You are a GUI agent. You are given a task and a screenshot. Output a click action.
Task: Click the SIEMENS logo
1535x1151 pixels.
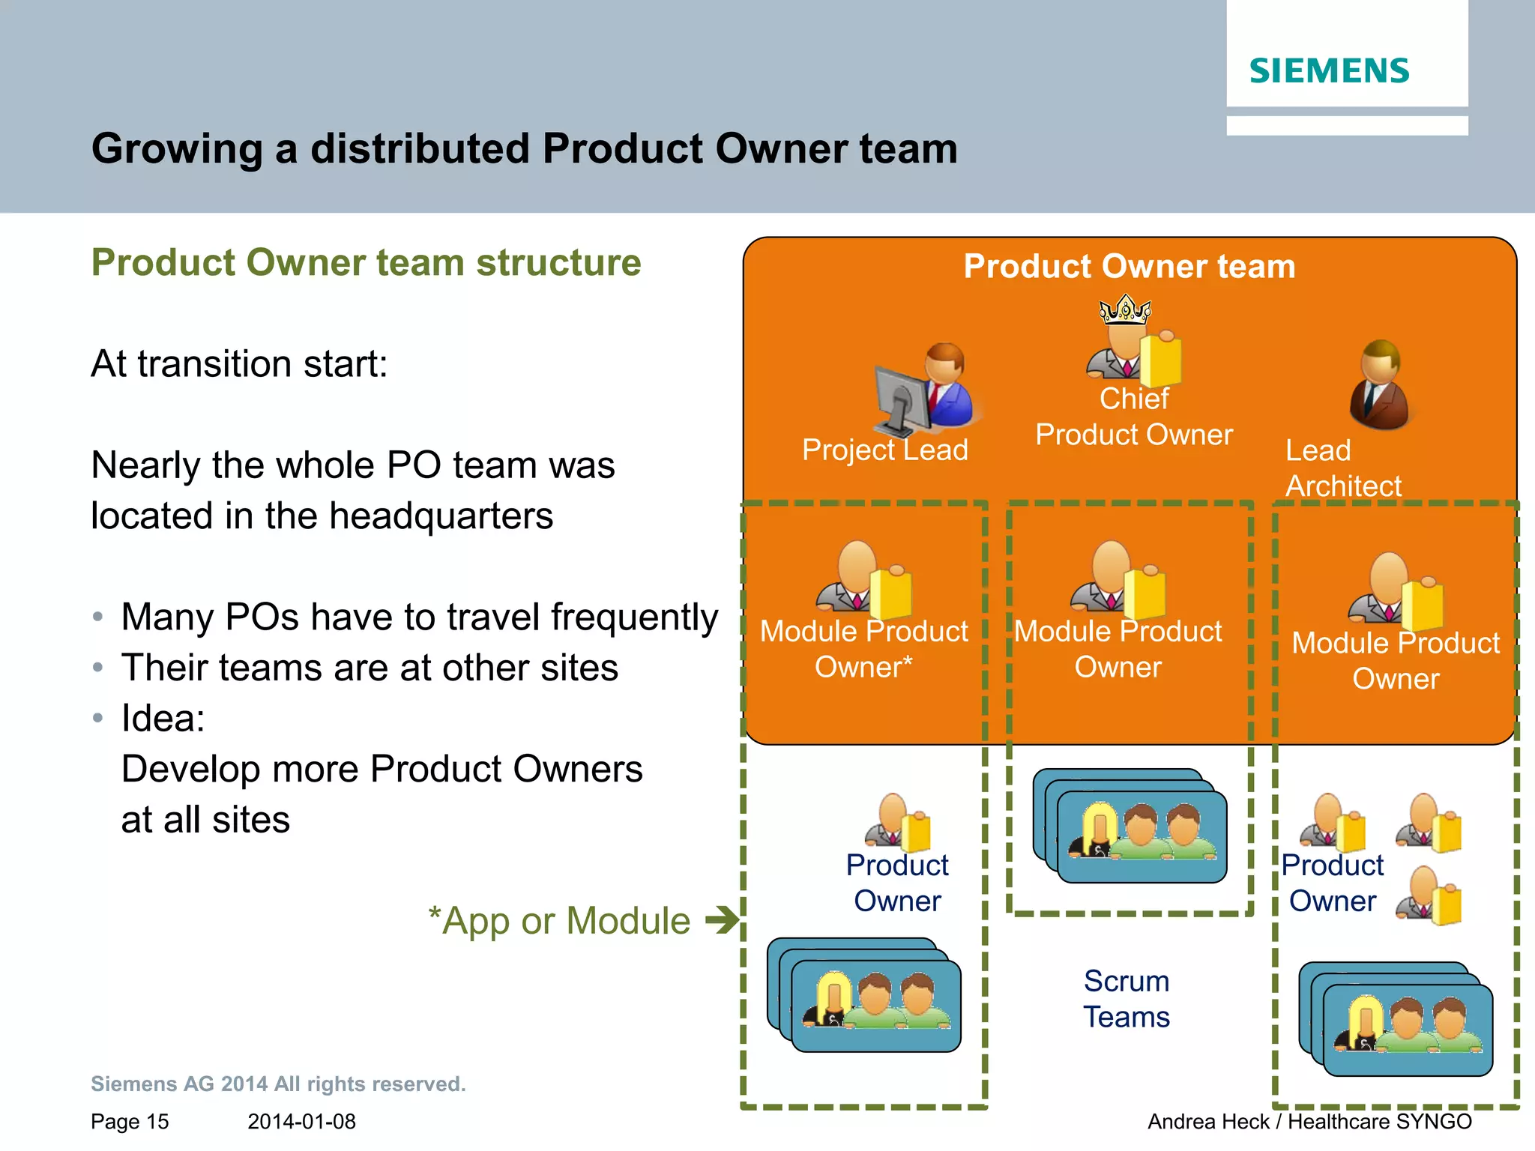tap(1329, 71)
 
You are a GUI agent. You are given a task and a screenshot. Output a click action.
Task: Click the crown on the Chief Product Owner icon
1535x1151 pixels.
tap(1124, 309)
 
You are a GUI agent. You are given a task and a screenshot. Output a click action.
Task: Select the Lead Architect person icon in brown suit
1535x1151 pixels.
tap(1381, 385)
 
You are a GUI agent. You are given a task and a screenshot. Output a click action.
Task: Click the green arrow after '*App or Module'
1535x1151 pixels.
tap(723, 919)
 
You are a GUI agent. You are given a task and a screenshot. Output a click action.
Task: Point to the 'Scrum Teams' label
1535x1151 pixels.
tap(1126, 999)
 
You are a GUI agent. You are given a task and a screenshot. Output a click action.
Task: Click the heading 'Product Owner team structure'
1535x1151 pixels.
tap(366, 263)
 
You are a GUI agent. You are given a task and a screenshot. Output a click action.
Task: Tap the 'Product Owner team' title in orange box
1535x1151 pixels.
tap(1130, 267)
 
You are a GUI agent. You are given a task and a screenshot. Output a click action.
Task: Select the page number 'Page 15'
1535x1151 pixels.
tap(130, 1122)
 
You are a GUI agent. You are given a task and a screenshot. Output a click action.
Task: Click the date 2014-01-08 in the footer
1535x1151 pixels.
tap(301, 1122)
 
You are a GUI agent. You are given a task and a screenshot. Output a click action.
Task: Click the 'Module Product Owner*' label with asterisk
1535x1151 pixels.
tap(863, 649)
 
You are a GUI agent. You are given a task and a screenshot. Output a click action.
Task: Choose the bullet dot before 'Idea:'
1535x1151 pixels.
tap(97, 718)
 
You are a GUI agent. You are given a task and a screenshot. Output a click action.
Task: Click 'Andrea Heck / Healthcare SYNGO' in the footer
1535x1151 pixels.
tap(1309, 1122)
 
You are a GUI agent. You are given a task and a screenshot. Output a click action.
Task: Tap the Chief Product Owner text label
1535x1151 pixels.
tap(1133, 417)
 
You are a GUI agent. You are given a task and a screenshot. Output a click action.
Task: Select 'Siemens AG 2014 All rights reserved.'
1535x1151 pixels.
tap(278, 1084)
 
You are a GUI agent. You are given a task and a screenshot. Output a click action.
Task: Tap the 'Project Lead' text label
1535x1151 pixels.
tap(884, 450)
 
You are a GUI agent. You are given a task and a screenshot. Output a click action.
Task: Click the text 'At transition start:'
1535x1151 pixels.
tap(239, 364)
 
